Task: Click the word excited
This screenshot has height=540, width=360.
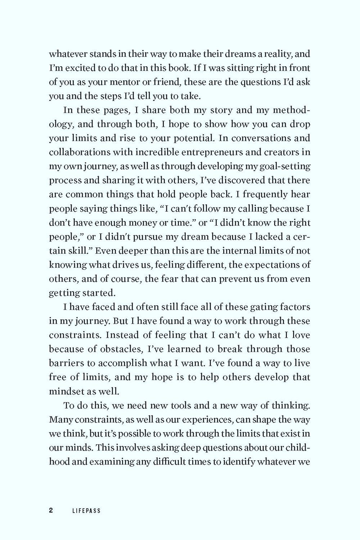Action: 80,68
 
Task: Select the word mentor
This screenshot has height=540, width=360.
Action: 119,82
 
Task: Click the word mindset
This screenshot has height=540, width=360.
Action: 66,391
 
